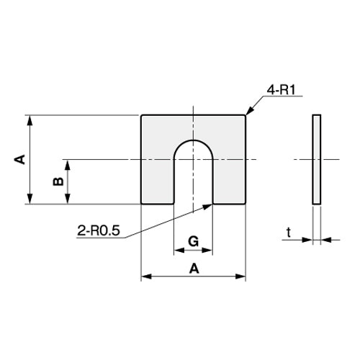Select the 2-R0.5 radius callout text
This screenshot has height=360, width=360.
pos(98,231)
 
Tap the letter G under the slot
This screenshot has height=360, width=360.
pos(193,240)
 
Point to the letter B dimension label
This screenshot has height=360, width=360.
pos(58,181)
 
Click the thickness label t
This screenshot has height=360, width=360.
pos(288,232)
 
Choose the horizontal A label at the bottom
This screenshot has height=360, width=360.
pos(193,268)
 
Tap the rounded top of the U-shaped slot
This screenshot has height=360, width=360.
pos(193,140)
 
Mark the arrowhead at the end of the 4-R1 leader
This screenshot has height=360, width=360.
pos(248,113)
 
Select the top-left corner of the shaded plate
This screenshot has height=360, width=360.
pos(142,116)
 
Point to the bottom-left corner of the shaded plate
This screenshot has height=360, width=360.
pos(142,203)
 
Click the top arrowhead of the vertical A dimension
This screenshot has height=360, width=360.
pos(30,118)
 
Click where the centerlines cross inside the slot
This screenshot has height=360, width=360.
pos(193,158)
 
